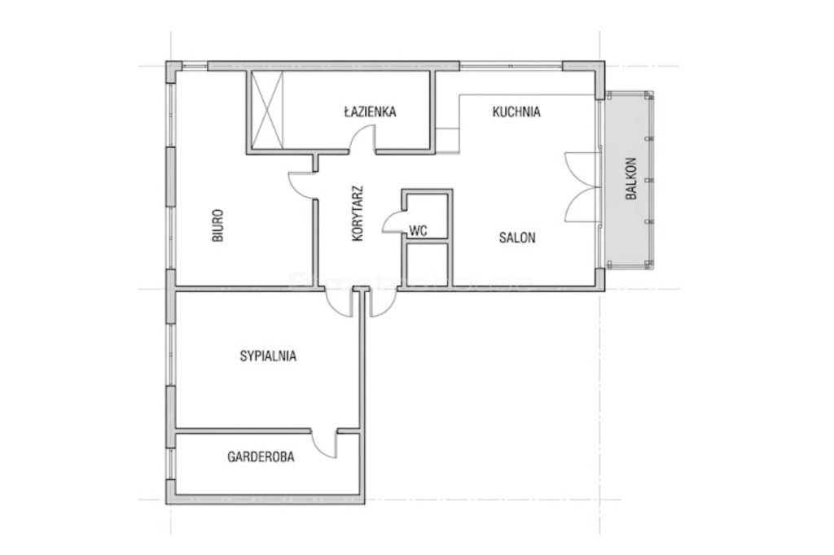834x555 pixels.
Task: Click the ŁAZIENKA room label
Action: click(x=370, y=111)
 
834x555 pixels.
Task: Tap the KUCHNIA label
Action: click(x=516, y=112)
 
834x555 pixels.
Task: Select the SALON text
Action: click(x=517, y=238)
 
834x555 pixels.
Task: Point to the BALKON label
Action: click(x=631, y=178)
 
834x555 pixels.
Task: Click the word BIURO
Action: click(x=217, y=225)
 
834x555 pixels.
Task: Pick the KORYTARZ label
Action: click(x=358, y=213)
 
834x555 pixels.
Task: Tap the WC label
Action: click(x=418, y=231)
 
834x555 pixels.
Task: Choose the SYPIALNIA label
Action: click(x=268, y=356)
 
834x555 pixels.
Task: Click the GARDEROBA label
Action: click(x=261, y=457)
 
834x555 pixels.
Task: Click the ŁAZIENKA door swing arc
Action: click(x=362, y=138)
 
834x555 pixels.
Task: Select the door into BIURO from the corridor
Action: click(x=301, y=185)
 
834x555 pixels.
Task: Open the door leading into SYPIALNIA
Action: click(x=338, y=303)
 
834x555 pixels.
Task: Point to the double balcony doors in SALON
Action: click(x=582, y=187)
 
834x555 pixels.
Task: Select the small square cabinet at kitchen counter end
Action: click(x=447, y=140)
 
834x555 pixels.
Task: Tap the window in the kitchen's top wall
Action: click(x=511, y=67)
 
